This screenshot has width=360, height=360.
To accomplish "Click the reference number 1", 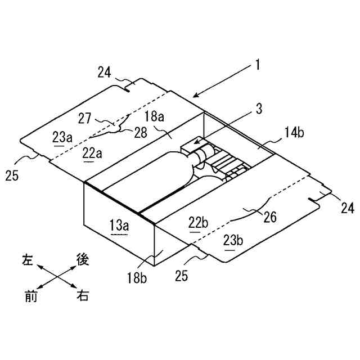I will [x=257, y=65].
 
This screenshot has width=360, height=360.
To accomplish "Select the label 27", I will [x=85, y=119].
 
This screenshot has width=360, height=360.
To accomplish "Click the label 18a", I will [x=154, y=117].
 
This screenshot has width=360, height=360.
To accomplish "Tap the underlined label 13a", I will [x=119, y=227].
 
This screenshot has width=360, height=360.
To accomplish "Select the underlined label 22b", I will [x=198, y=223].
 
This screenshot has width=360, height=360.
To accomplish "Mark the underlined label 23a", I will [x=62, y=136].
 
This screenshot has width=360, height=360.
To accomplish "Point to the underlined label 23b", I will [x=233, y=241].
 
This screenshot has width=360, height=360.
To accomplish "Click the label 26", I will [x=270, y=217].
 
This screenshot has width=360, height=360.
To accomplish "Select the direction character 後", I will [x=82, y=259].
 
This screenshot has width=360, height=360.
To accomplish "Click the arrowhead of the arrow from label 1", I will [x=193, y=97].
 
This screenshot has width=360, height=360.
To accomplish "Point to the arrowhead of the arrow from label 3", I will [x=194, y=145].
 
